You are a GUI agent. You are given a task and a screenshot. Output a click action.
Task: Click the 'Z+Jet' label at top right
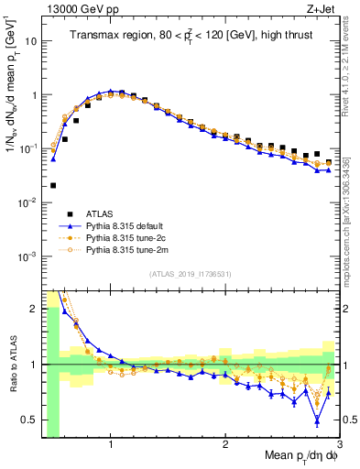[x=322, y=8]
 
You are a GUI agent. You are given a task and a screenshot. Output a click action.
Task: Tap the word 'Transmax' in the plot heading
[x=95, y=36]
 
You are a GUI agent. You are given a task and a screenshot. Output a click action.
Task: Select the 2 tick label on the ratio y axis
[x=33, y=309]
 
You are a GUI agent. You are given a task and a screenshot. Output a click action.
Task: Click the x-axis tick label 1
[x=111, y=445]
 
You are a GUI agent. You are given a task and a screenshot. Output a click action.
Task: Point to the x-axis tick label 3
[x=339, y=445]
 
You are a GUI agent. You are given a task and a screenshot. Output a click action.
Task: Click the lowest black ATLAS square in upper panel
[x=53, y=185]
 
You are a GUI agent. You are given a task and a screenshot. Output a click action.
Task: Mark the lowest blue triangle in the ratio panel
[x=317, y=421]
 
